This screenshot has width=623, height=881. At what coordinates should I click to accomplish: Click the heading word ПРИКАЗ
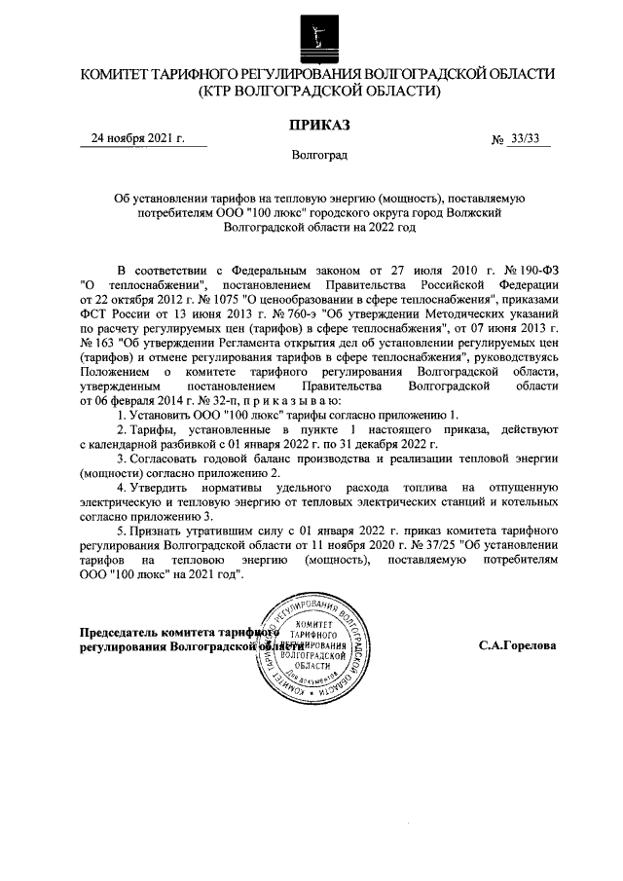tap(318, 124)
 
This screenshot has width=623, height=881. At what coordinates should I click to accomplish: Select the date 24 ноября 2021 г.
tap(137, 138)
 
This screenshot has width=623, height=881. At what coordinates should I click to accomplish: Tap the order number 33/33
tap(525, 138)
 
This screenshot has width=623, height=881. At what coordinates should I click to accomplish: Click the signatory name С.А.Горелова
tap(517, 644)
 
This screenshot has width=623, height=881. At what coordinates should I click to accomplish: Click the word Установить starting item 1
tap(164, 416)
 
